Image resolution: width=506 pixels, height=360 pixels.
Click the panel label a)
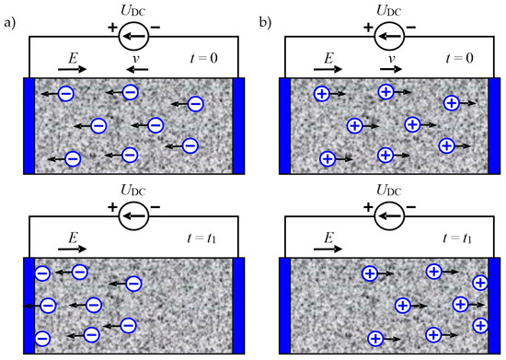click(x=9, y=18)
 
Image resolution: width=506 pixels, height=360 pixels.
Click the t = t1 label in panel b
click(x=459, y=237)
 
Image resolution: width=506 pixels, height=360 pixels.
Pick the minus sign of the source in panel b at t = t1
click(x=411, y=207)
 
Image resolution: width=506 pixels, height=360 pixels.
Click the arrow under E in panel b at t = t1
click(x=330, y=249)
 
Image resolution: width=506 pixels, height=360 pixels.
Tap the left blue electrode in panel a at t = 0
click(x=27, y=125)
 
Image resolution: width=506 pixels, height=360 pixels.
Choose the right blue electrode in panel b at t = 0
click(x=492, y=125)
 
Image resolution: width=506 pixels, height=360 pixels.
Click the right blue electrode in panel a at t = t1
click(x=238, y=305)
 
